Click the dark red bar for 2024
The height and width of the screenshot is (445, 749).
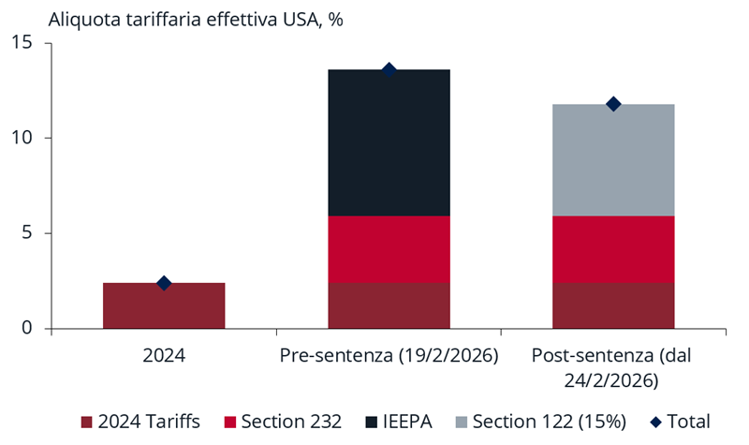(164, 305)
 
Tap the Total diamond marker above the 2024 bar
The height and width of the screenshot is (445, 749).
(164, 283)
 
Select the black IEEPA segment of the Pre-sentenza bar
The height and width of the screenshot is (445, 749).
(389, 142)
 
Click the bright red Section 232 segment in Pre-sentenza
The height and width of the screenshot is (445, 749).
(389, 249)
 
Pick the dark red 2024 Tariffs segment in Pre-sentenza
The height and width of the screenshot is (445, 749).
(389, 305)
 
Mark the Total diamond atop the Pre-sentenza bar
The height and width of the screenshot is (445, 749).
(389, 70)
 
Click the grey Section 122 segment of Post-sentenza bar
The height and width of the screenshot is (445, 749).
(613, 160)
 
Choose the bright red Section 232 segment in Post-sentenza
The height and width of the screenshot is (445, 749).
(613, 249)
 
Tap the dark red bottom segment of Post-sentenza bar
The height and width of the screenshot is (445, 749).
(613, 305)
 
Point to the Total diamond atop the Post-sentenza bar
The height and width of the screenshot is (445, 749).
(613, 104)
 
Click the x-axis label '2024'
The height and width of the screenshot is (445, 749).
(164, 357)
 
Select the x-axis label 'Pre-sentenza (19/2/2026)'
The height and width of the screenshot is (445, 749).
(389, 357)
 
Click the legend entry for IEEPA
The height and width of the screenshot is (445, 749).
(399, 422)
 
